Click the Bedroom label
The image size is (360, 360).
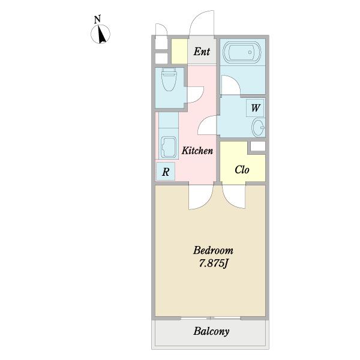[x=213, y=250]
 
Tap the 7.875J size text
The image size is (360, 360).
[x=213, y=263]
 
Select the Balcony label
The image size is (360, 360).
[x=211, y=331]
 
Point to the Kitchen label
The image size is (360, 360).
[x=197, y=151]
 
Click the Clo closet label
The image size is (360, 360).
[x=242, y=170]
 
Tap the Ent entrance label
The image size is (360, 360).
[x=202, y=52]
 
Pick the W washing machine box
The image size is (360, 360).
[x=256, y=107]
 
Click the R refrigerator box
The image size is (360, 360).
[x=166, y=171]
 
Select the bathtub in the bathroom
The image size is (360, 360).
[x=242, y=52]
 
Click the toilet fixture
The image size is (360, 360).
[x=169, y=79]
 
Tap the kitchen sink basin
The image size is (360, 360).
[x=169, y=147]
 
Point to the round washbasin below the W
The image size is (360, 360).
[x=258, y=128]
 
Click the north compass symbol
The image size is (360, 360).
[x=100, y=34]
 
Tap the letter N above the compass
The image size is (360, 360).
[x=98, y=19]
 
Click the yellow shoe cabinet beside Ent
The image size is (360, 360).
[x=179, y=52]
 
